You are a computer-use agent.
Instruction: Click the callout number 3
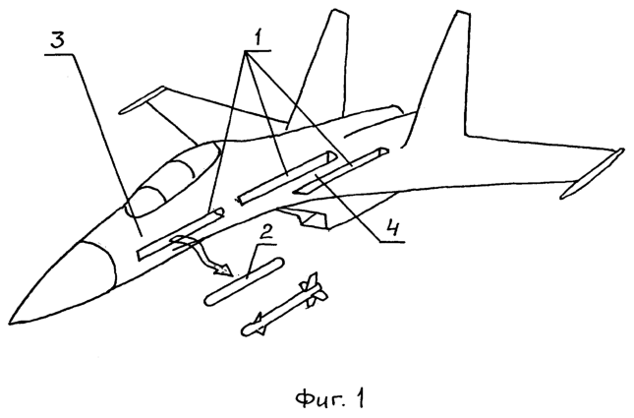click(59, 40)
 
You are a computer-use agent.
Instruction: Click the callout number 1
click(259, 38)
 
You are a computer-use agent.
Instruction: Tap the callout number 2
click(265, 233)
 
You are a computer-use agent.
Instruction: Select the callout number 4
click(391, 227)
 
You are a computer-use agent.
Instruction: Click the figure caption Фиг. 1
click(330, 399)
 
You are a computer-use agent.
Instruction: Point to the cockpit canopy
click(172, 177)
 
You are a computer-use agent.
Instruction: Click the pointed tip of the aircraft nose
click(9, 323)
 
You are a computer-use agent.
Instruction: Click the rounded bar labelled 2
click(245, 281)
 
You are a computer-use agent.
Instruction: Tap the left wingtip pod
click(143, 98)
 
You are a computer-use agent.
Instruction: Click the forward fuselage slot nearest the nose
click(181, 235)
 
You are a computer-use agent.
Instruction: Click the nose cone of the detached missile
click(248, 329)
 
